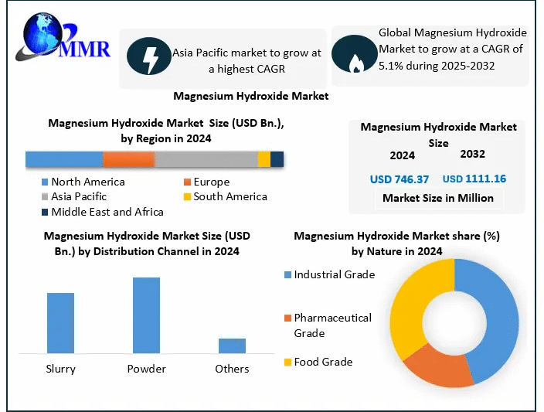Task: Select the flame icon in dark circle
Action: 355,54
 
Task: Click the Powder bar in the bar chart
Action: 146,315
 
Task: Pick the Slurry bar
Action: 60,322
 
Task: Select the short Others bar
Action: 232,345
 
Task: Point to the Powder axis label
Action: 146,369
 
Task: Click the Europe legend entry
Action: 211,182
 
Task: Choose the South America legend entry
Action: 229,196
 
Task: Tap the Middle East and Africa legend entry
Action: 107,211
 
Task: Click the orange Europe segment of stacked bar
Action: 128,159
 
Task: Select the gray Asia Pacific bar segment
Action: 206,159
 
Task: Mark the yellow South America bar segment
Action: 264,159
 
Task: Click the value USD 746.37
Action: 399,179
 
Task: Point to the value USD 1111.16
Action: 474,179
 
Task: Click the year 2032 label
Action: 474,155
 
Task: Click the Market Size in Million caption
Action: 437,198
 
